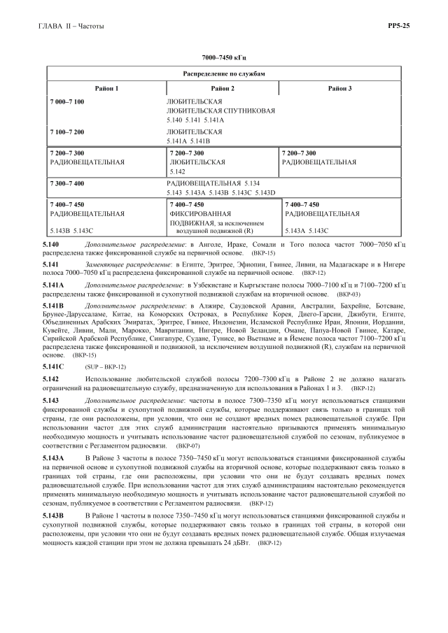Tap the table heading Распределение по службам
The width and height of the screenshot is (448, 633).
point(224,73)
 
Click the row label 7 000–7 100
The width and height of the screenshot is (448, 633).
point(67,102)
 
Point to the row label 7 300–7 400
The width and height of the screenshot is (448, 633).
point(67,183)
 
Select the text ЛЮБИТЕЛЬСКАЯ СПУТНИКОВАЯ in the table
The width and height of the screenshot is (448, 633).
point(220,111)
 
